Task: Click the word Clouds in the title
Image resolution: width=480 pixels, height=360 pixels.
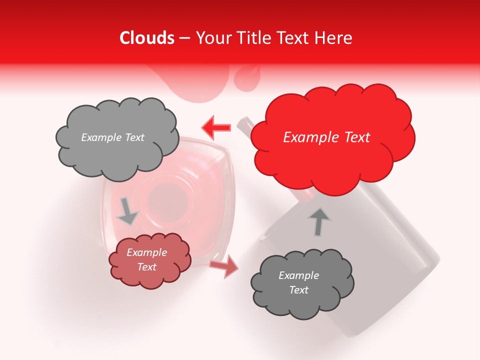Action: [x=147, y=38]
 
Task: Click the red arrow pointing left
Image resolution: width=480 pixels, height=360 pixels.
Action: [x=216, y=127]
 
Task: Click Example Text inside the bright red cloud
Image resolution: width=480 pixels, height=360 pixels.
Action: [x=326, y=137]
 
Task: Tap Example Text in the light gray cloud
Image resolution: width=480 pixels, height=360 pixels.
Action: [x=112, y=137]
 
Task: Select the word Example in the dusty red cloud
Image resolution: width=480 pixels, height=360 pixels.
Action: [x=146, y=252]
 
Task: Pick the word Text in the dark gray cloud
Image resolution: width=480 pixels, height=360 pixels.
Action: [x=298, y=290]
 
